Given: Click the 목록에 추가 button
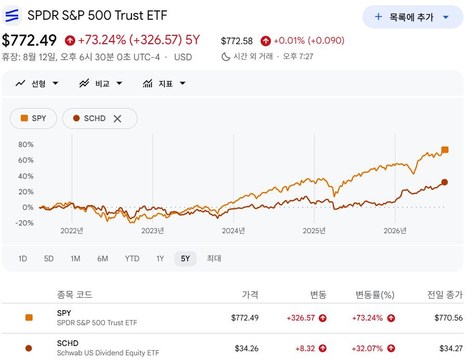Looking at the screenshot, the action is [x=413, y=17].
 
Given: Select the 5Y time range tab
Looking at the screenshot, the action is [x=185, y=259].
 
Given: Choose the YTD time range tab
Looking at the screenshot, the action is [x=132, y=259].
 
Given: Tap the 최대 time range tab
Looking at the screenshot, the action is [x=214, y=259].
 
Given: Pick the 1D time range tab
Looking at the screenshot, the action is [x=23, y=259].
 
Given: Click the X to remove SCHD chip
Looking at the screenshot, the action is [x=117, y=118].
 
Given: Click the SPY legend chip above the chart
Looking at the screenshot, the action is [x=33, y=118].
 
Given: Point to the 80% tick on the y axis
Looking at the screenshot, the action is [x=26, y=144].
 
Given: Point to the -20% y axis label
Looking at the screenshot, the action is [x=24, y=223].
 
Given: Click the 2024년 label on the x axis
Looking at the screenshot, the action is [x=233, y=231].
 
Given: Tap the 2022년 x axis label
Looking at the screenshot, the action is [x=72, y=231].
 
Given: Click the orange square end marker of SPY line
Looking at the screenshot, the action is [x=445, y=150].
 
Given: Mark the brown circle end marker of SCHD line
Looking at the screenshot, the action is [x=444, y=182].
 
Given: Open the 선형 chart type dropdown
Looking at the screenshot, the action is [x=37, y=83].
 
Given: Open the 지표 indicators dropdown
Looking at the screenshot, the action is [x=164, y=83].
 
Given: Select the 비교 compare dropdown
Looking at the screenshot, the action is [x=101, y=83].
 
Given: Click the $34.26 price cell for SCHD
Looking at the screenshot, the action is [x=247, y=349].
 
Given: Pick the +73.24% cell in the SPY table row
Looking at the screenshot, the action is [x=368, y=318].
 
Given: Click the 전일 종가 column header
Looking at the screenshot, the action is [x=445, y=295].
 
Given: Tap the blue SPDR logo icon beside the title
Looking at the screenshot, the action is [x=12, y=15].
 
